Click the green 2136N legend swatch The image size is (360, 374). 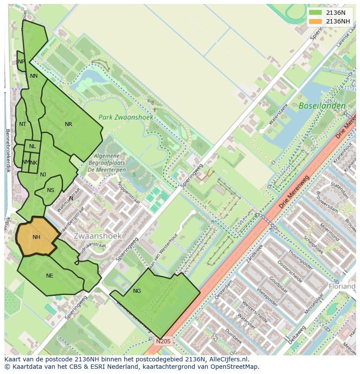click(x=316, y=13)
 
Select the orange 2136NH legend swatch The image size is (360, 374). click(x=316, y=21)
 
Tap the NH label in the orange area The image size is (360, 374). click(x=37, y=237)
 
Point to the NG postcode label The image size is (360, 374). click(x=137, y=291)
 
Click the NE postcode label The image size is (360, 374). click(x=50, y=276)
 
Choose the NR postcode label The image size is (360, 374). click(x=68, y=124)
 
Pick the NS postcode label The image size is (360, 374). click(x=51, y=190)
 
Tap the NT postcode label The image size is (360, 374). click(x=23, y=124)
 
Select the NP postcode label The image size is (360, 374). click(x=21, y=62)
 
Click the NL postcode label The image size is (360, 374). click(x=33, y=146)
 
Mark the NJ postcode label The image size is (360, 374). click(x=43, y=175)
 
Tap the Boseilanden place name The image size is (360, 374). click(x=322, y=106)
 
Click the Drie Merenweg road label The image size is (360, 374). click(x=294, y=189)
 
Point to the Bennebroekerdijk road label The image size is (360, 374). click(x=8, y=150)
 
